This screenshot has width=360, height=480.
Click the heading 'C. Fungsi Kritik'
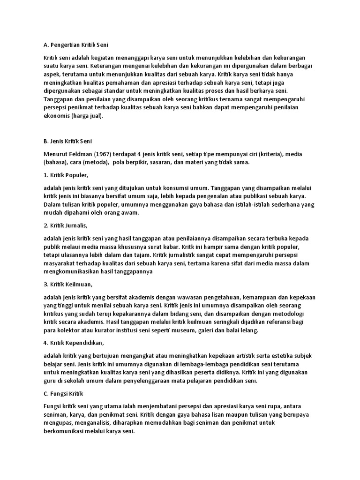(63, 393)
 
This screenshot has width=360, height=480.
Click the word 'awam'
(130, 212)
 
